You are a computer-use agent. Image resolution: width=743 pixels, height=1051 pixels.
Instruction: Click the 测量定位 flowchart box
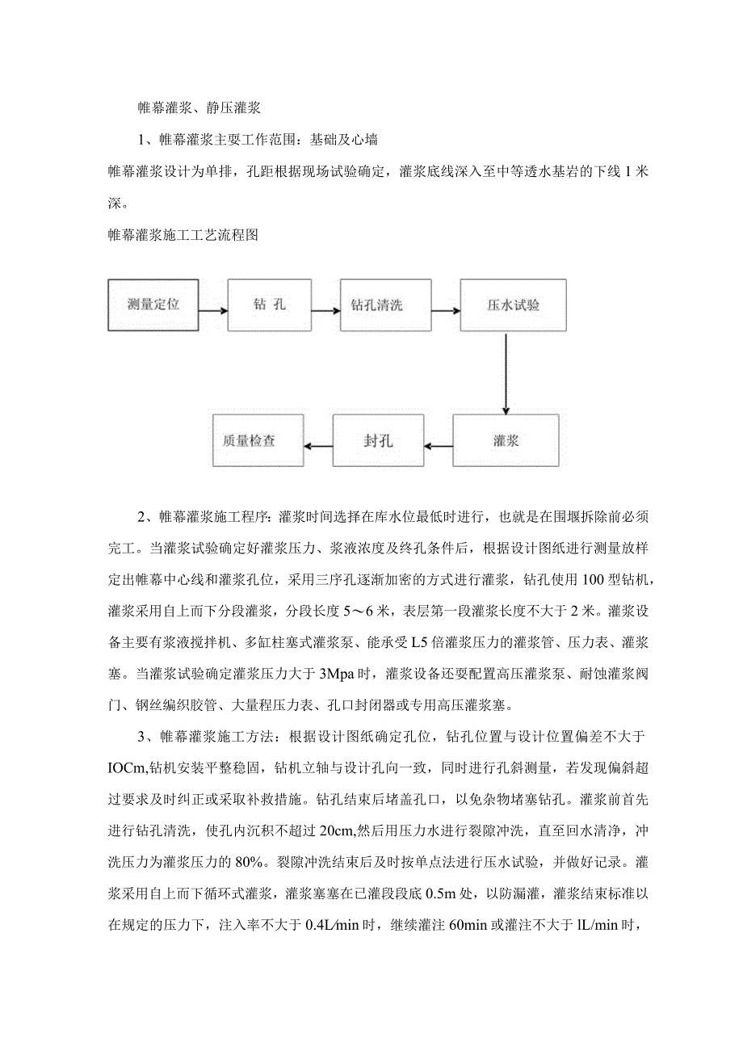click(x=153, y=305)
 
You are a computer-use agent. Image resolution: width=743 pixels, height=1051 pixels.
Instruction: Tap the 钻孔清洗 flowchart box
click(x=376, y=305)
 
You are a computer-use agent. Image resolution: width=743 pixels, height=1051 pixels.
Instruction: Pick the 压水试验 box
click(x=513, y=305)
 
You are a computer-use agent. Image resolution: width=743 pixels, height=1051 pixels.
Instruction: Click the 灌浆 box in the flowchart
click(x=505, y=440)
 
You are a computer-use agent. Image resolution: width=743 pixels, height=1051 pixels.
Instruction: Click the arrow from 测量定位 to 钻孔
click(x=212, y=306)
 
